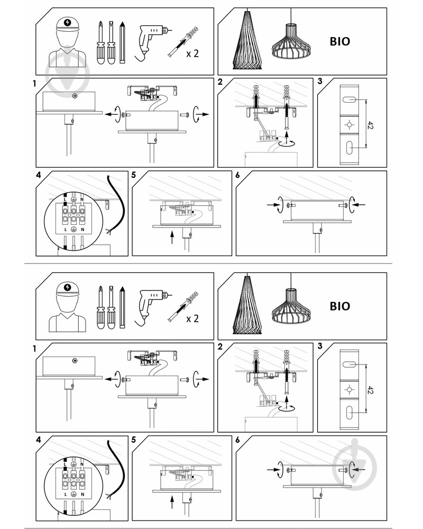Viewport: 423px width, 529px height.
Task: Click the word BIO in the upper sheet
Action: [x=339, y=41]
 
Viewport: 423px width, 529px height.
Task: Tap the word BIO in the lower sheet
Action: [x=339, y=306]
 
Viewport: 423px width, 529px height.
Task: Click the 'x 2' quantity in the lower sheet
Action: [x=192, y=318]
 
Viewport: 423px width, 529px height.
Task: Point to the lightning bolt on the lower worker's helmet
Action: [x=68, y=287]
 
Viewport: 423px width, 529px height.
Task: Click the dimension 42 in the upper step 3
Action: [x=370, y=125]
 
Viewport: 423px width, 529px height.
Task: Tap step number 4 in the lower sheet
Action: [x=39, y=440]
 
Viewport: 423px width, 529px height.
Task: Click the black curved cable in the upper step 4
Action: [x=116, y=204]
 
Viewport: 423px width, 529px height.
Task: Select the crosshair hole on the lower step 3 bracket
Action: [x=350, y=390]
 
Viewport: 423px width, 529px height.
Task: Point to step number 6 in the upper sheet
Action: [x=237, y=175]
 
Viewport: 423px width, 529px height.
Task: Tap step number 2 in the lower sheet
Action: [x=220, y=346]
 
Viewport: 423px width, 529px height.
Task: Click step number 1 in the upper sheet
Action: [x=34, y=83]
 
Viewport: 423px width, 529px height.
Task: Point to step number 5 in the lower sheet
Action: [x=134, y=440]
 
